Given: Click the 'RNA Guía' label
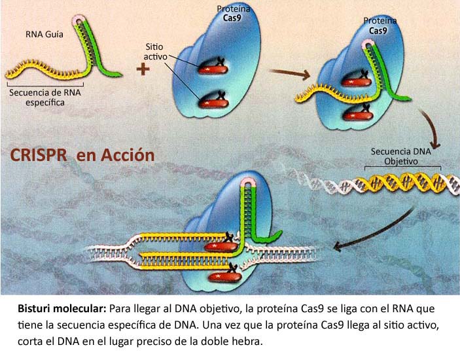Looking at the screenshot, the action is (x=44, y=35).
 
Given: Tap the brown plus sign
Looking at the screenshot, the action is (x=143, y=69).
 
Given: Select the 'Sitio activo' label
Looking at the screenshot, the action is (x=155, y=52).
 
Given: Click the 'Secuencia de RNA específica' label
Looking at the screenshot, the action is (x=45, y=98).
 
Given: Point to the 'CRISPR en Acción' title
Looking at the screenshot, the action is (x=82, y=155).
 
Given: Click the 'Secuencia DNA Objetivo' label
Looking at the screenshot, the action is (x=400, y=156).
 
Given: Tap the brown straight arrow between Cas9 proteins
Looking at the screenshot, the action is (x=290, y=73).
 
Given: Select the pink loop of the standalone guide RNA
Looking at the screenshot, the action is (x=79, y=19).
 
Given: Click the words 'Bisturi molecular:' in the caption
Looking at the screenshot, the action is (x=62, y=309).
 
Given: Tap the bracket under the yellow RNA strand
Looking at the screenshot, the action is (x=45, y=85).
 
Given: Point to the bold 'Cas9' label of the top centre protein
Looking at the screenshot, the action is (x=232, y=18).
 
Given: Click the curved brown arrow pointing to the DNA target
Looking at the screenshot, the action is (x=430, y=127).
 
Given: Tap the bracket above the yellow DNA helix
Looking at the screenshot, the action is (x=402, y=168).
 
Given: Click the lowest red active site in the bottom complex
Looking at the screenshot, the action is (x=224, y=274).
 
